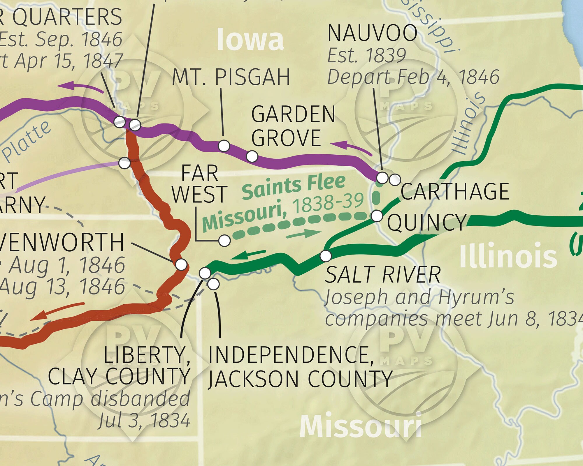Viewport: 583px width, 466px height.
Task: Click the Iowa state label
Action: (250, 40)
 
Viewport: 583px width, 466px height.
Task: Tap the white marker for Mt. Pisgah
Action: (224, 145)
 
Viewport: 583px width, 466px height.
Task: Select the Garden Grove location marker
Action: (252, 156)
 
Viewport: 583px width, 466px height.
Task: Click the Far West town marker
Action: (224, 241)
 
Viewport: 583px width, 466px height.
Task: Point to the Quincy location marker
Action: (377, 216)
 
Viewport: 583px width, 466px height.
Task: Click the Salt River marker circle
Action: (326, 256)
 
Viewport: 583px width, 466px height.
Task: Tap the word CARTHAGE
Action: (454, 191)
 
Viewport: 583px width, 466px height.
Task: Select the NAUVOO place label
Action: (372, 33)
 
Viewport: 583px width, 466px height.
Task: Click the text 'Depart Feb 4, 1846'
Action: (413, 77)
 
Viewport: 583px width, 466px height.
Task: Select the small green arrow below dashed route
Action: (303, 234)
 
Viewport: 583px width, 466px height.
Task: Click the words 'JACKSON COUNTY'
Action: (300, 379)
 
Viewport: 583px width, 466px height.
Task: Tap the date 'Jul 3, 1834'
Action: (144, 421)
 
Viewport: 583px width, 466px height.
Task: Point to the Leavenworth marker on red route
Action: (181, 264)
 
